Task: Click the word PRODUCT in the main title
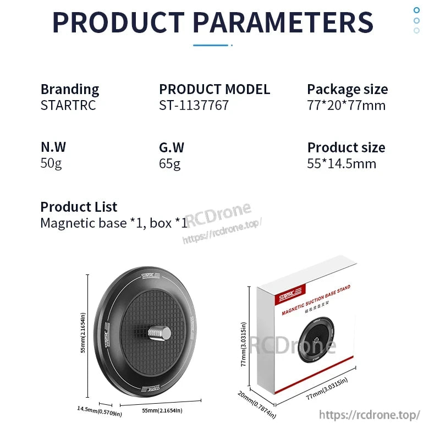tap(118, 22)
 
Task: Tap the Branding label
tap(70, 89)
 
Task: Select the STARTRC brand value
tap(68, 105)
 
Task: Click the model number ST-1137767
tap(194, 105)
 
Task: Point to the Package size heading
tap(347, 89)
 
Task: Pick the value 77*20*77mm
tap(346, 105)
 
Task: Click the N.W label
tap(53, 147)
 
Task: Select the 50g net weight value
tap(51, 163)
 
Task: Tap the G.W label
tap(172, 147)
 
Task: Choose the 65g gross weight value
tap(170, 163)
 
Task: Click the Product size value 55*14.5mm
tap(342, 163)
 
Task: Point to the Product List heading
tap(79, 207)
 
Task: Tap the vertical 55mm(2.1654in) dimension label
tap(83, 333)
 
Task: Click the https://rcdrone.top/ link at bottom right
tap(370, 415)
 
